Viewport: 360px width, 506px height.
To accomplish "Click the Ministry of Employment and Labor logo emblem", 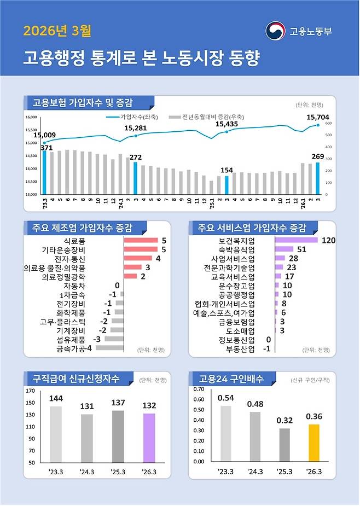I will [275, 31].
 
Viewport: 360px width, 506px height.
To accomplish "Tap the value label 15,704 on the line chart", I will [318, 117].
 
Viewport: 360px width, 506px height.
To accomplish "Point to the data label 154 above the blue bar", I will [227, 170].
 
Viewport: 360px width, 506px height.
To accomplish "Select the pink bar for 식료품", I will [141, 240].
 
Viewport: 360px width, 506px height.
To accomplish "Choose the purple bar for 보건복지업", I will [296, 240].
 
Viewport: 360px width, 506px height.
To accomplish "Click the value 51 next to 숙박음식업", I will [301, 249].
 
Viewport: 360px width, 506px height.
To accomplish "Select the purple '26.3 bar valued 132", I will [149, 438].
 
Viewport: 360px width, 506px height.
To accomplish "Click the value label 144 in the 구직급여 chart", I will [56, 398].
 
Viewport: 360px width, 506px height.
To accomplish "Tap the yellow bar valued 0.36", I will [313, 443].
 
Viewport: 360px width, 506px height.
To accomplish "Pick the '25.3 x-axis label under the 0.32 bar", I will [284, 472].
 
